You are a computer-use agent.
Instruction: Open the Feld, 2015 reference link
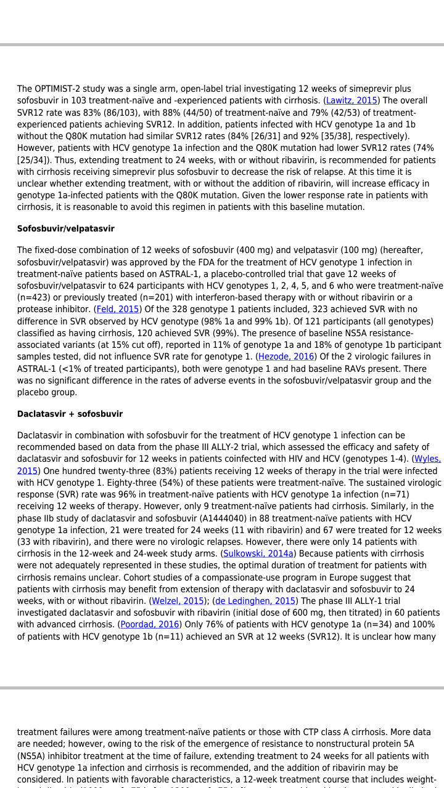(x=117, y=310)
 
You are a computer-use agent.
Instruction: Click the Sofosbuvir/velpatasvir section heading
(x=66, y=229)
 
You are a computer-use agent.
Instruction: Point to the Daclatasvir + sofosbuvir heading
(x=70, y=414)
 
